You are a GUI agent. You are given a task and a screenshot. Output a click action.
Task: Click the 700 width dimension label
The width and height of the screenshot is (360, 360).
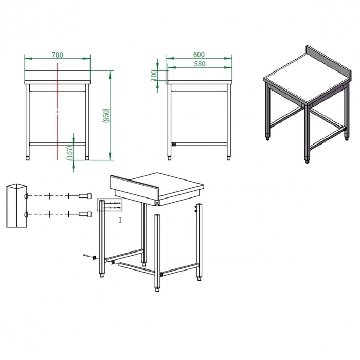[x=57, y=55]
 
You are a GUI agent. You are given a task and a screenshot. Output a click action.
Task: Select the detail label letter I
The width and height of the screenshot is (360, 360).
[x=120, y=220]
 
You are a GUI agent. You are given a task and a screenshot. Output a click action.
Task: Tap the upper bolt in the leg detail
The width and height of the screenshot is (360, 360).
[x=85, y=196]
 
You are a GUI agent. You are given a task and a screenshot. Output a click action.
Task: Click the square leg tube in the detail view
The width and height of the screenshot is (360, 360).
[x=15, y=206]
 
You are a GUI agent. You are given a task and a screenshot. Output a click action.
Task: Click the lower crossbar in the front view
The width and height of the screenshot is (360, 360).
[x=58, y=143]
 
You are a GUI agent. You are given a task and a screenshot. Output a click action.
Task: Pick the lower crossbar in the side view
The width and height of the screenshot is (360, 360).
[x=199, y=144]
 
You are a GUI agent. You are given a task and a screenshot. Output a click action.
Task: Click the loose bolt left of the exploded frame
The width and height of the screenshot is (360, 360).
[x=88, y=256]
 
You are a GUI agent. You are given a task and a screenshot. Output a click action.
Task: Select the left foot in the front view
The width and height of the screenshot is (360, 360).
[x=29, y=155]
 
